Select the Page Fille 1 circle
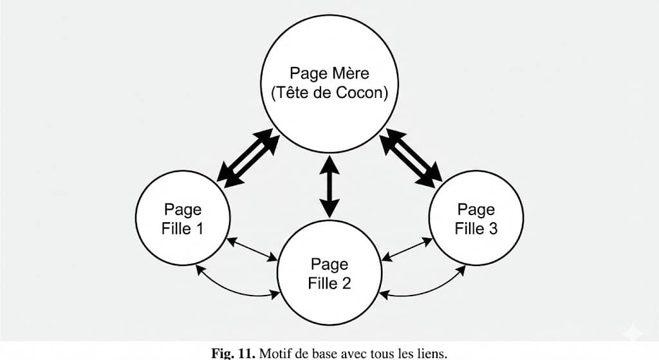[183, 219]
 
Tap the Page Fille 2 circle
[329, 274]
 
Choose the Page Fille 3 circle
[476, 219]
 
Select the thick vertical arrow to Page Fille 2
[329, 186]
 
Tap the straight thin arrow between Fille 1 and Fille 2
[252, 249]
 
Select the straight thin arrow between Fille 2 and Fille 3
[406, 249]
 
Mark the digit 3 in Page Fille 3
[492, 229]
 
